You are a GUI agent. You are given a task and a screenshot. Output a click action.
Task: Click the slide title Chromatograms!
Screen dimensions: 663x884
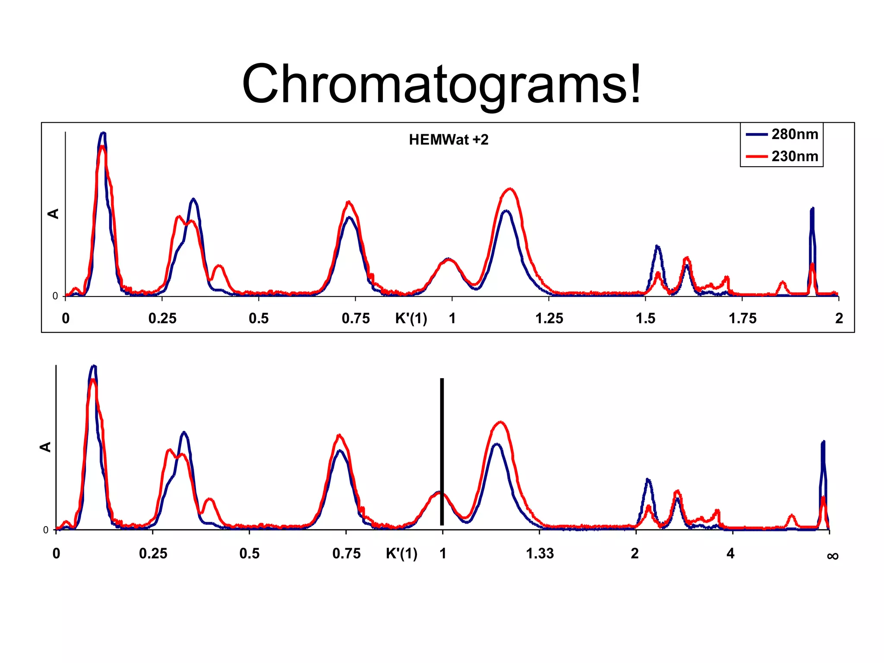441,84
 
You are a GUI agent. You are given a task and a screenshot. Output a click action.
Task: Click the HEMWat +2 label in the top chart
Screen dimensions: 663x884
448,140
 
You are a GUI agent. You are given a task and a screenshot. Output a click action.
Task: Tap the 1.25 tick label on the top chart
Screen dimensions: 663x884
549,319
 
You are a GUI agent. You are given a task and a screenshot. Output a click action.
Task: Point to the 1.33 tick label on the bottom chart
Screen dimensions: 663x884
540,553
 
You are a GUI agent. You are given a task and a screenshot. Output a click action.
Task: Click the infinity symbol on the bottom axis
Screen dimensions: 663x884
833,556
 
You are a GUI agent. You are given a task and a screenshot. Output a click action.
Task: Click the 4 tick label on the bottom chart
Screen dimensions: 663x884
730,553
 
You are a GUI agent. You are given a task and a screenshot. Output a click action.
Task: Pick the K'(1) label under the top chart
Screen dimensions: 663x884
411,319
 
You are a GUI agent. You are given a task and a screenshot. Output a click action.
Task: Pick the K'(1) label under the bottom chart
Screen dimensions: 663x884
401,553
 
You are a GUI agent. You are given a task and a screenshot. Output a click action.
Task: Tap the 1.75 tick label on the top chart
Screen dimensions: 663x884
742,319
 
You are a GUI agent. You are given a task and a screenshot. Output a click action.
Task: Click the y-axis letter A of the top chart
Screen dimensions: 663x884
54,214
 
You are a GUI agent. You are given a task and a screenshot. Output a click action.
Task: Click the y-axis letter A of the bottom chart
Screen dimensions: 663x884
45,447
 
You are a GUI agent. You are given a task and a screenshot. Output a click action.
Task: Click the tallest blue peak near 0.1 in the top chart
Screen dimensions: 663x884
103,134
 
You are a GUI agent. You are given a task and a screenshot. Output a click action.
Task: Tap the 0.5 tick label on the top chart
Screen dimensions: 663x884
259,319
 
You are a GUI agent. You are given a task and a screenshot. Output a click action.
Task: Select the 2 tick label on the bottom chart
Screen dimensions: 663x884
635,553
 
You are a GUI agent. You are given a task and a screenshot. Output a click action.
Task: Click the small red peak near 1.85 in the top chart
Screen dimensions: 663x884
783,283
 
